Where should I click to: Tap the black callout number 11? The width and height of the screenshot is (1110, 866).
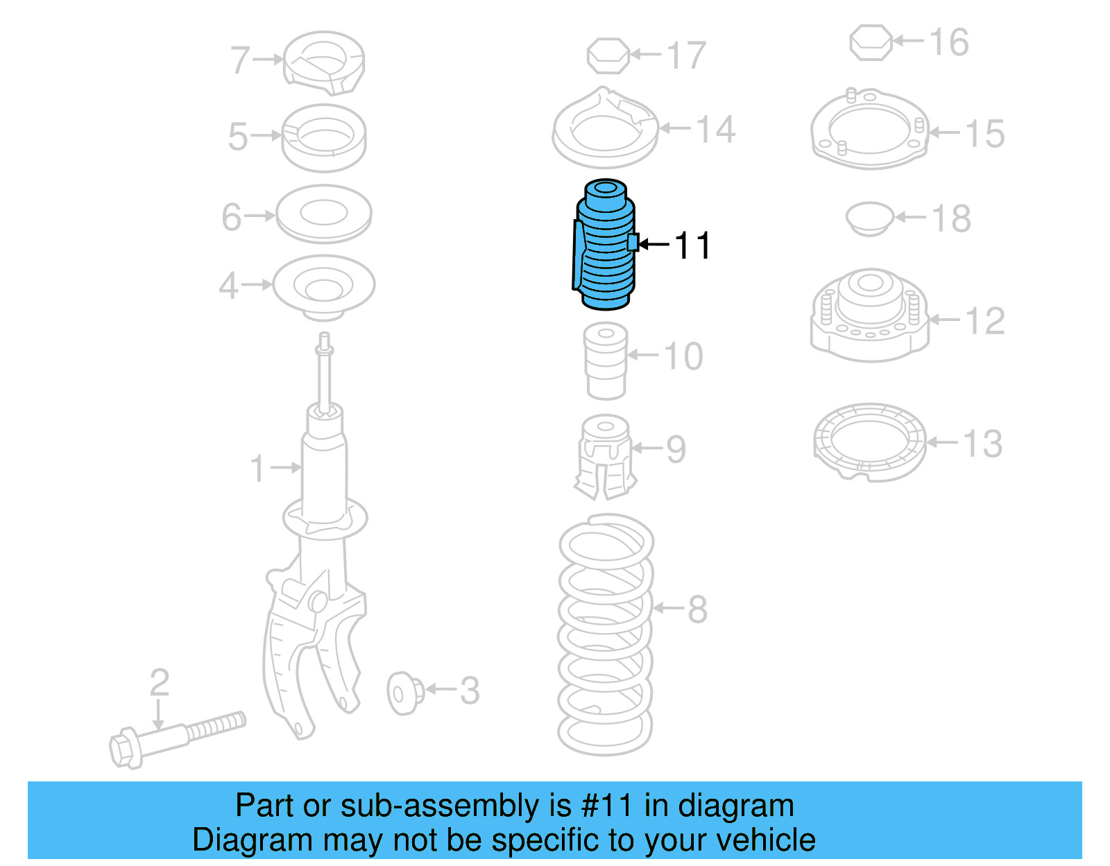pos(692,246)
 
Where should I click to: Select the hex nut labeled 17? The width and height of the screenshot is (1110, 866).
pos(608,56)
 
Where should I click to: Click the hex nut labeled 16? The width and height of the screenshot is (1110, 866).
pos(871,43)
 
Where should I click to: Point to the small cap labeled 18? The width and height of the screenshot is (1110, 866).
pos(869,218)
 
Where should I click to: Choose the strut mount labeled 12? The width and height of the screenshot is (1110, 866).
pos(869,315)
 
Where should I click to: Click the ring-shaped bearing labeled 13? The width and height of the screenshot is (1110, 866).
pos(869,442)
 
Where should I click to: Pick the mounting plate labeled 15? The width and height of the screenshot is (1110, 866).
pos(869,130)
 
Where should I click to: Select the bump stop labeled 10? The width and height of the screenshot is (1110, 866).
pos(606,362)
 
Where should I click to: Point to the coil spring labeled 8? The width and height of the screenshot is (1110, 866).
pos(606,634)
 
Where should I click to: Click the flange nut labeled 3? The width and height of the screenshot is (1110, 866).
pos(405,692)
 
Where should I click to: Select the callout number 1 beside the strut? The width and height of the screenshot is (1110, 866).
pos(257,469)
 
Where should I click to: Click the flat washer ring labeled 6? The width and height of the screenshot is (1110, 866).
pos(323,214)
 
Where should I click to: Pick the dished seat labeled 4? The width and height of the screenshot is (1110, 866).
pos(323,286)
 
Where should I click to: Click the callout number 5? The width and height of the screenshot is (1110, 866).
pos(237,137)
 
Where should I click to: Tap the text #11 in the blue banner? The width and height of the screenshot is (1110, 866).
pos(606,806)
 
